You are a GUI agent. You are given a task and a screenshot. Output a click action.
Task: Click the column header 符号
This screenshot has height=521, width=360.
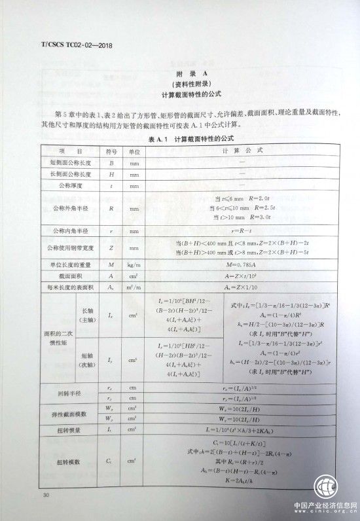click(x=111, y=151)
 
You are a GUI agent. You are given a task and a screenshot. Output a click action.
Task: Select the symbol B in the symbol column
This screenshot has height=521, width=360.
click(x=111, y=162)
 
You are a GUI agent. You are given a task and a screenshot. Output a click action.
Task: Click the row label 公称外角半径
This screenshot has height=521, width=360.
click(x=70, y=209)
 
